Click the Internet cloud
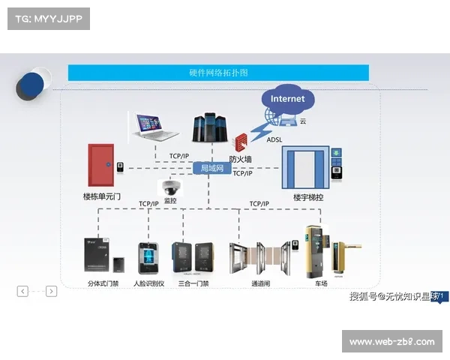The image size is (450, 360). coord(288,99)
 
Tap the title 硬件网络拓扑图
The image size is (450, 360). coord(218,73)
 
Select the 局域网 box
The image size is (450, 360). coord(212,168)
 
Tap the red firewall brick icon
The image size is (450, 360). coord(241,142)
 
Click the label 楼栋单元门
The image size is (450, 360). coord(101,196)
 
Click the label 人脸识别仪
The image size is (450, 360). coord(148,284)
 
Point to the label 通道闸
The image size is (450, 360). coord(260,284)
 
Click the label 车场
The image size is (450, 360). coord(321,284)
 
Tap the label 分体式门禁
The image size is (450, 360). coord(103,284)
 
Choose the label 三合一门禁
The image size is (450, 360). coord(193,284)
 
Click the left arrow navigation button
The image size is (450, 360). coord(22,291)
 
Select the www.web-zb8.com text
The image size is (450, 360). coord(392,342)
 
